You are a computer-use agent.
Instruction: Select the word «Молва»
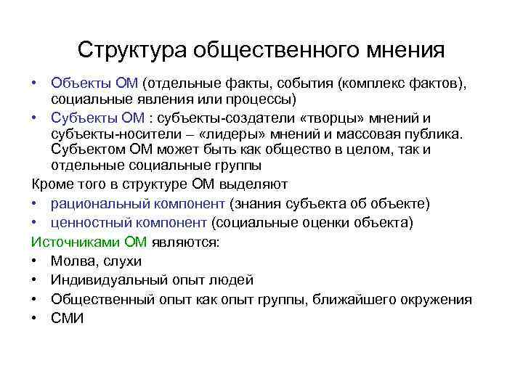pyautogui.click(x=72, y=261)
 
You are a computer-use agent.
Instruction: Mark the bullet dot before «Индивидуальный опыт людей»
pyautogui.click(x=36, y=280)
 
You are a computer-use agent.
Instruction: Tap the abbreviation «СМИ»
pyautogui.click(x=68, y=318)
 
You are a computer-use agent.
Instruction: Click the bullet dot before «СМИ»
pyautogui.click(x=36, y=318)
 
